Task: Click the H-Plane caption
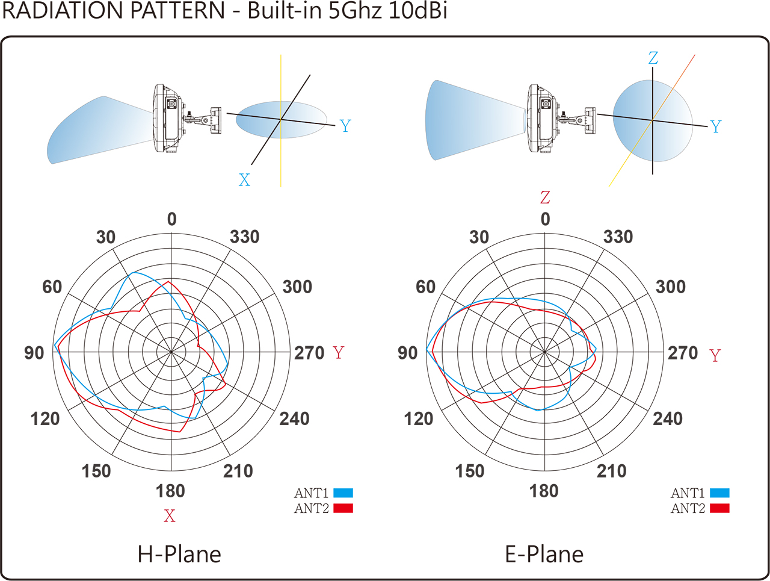[x=179, y=555]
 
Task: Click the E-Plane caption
[x=544, y=555]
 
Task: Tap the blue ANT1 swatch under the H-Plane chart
[x=343, y=493]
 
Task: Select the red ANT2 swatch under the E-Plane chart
[x=719, y=508]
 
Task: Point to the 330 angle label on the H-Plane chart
[x=244, y=237]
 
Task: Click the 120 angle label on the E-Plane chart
[x=419, y=418]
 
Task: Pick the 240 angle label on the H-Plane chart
[x=294, y=418]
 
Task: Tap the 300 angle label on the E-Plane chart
[x=670, y=287]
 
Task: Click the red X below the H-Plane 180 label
[x=170, y=516]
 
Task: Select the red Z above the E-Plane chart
[x=545, y=197]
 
